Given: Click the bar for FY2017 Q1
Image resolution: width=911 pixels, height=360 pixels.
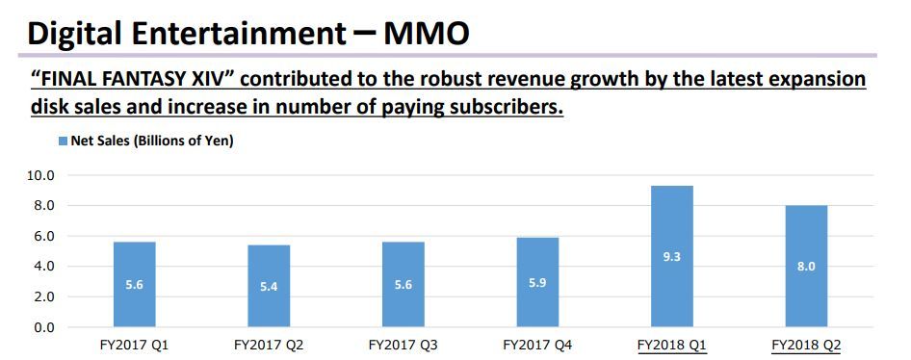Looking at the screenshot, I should click(134, 285).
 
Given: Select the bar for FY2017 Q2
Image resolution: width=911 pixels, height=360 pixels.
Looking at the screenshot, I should click(269, 287).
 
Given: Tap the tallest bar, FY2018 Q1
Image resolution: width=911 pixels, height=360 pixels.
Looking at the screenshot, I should click(671, 257).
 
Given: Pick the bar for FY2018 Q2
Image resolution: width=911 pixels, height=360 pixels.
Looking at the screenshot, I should click(806, 267).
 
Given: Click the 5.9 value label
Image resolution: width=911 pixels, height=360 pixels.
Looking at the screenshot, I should click(537, 282).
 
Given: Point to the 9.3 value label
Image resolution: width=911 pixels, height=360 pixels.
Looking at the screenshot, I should click(671, 257).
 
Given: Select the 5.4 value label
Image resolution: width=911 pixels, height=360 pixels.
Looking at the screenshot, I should click(269, 287).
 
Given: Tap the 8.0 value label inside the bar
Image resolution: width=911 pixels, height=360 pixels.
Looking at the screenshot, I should click(806, 267).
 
